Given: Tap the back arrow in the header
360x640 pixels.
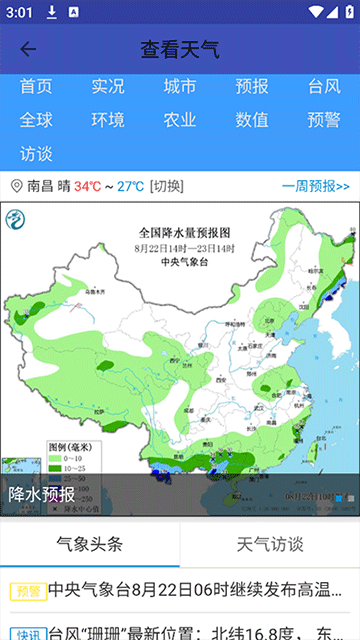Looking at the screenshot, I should (28, 49).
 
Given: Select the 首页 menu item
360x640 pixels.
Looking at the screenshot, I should (36, 87).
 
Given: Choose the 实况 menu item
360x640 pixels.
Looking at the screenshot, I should (108, 87).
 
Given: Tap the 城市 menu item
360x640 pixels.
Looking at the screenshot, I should (180, 87).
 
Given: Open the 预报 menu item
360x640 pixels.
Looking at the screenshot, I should (252, 87).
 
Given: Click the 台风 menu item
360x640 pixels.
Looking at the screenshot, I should (324, 87).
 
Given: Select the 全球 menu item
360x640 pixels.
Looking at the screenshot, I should (36, 120).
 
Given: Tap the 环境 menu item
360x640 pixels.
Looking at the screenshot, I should (108, 120).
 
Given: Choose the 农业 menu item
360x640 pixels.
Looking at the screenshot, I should (180, 120).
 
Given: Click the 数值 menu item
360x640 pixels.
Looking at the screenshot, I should (252, 120).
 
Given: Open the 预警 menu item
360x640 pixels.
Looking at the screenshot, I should (324, 120).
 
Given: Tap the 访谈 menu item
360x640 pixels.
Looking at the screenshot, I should (36, 154).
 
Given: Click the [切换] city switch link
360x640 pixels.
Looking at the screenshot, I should (166, 186).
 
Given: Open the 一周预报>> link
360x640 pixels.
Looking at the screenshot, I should (316, 186).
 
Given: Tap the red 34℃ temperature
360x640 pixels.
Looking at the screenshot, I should (87, 186).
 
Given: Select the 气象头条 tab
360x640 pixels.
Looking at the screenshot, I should (90, 544).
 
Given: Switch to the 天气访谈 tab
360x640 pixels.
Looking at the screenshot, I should (270, 544).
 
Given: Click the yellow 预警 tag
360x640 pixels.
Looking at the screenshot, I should (27, 590).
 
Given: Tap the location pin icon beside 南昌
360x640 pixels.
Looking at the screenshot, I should (16, 186).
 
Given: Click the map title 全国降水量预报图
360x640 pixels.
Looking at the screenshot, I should (184, 231).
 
